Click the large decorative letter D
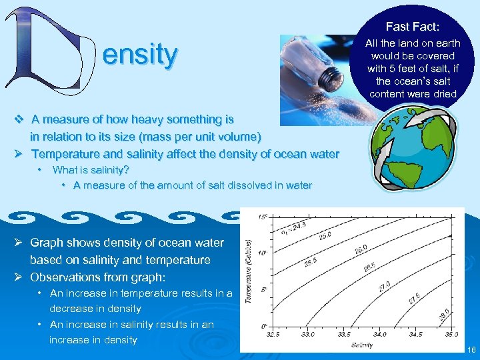50,52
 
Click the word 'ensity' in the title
140,54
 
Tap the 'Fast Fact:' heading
412,27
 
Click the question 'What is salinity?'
91,169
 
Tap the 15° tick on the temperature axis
263,217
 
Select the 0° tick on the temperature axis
263,326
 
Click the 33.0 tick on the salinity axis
308,335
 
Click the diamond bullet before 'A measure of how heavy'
19,119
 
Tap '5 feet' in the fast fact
407,68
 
